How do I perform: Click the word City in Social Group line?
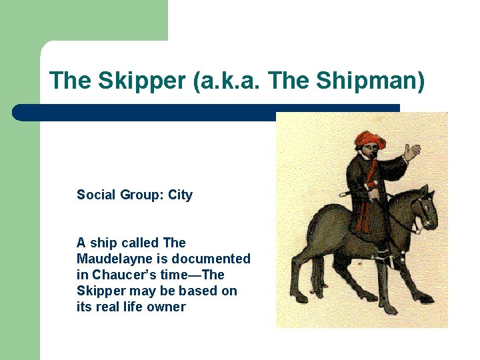(180, 195)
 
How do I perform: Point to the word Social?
(96, 195)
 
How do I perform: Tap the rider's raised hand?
(412, 152)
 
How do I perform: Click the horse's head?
(424, 207)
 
